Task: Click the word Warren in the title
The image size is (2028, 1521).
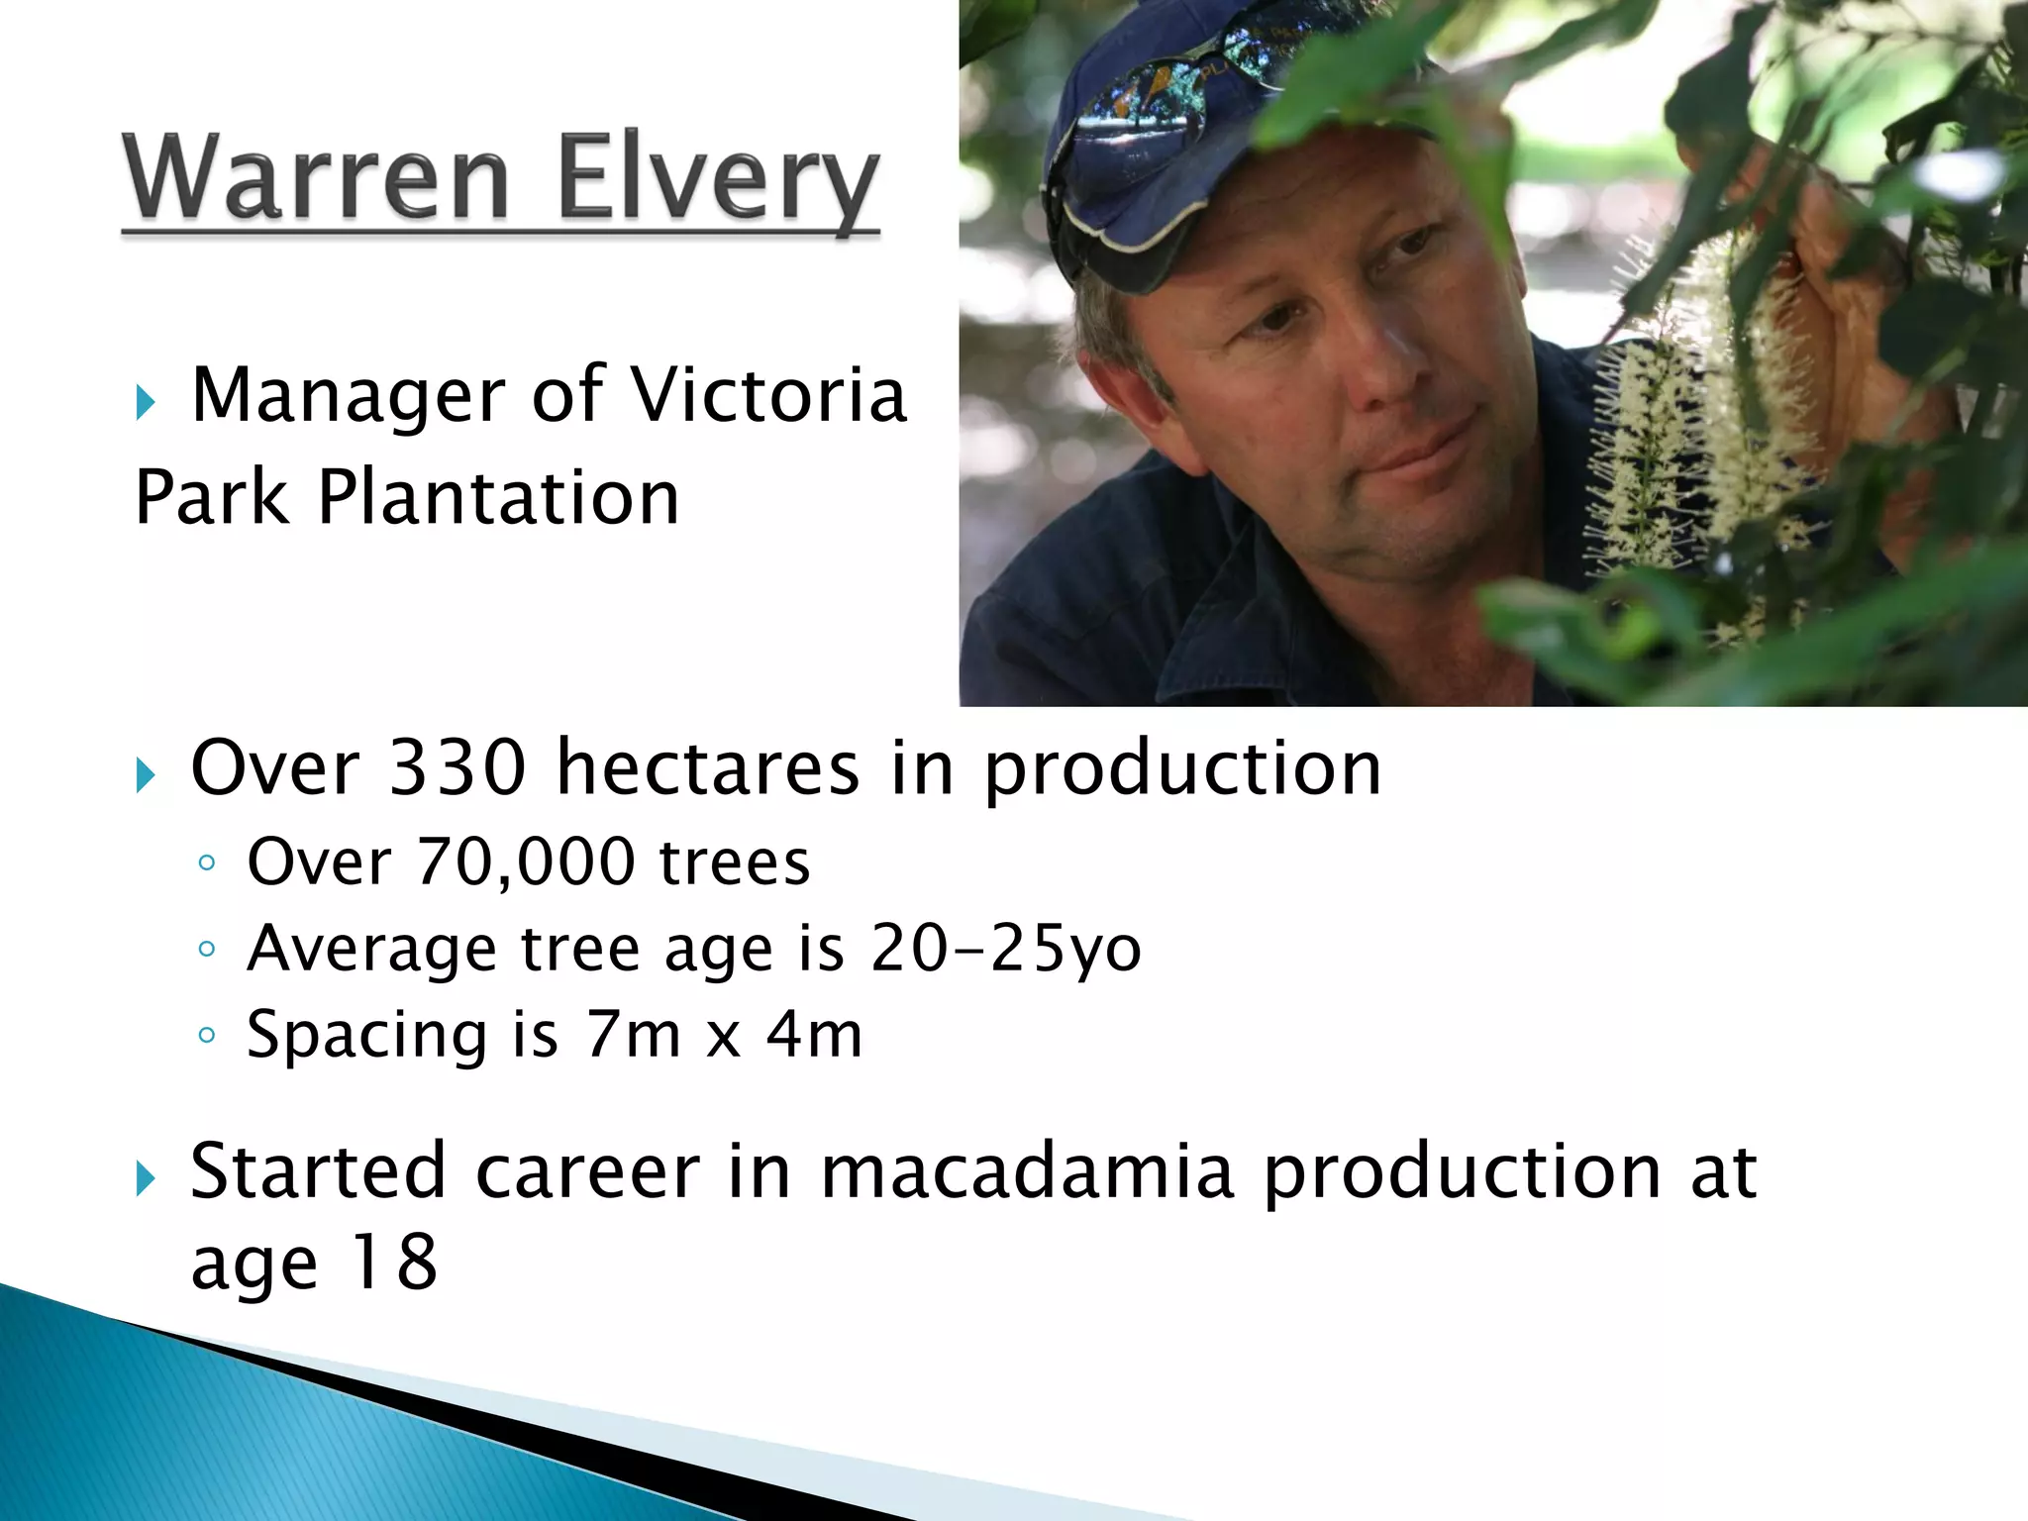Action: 317,178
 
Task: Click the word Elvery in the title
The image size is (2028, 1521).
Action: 717,181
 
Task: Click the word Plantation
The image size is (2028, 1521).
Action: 498,498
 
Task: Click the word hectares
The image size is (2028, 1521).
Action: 708,768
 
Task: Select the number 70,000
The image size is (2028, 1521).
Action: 525,862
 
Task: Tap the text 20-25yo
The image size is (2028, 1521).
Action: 1005,949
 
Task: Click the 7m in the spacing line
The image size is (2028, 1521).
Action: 632,1035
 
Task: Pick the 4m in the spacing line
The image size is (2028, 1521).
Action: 814,1035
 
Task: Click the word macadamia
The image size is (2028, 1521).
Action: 1027,1172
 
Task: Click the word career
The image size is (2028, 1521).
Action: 587,1172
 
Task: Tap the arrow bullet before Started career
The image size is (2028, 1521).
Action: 146,1179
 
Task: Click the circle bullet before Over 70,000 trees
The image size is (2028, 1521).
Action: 206,863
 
